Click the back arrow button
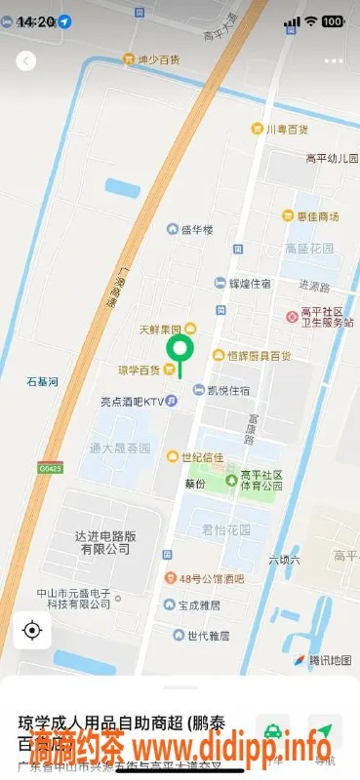[x=26, y=60]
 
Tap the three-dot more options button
[x=334, y=60]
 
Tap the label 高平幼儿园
[x=330, y=158]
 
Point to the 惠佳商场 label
[x=317, y=215]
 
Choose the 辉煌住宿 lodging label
[x=249, y=284]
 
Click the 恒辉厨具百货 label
[x=259, y=356]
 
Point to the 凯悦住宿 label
[x=226, y=391]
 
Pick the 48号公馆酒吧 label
[x=210, y=577]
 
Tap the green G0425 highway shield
[x=50, y=469]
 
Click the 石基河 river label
[x=43, y=382]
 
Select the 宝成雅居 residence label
[x=202, y=604]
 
